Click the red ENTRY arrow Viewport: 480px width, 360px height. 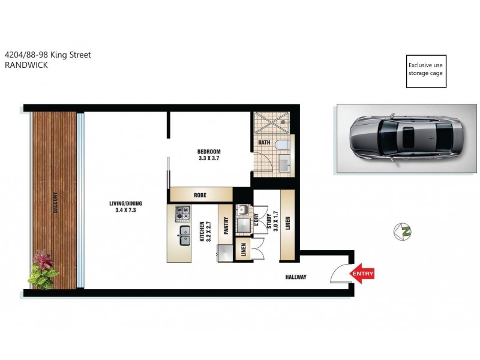[x=362, y=274]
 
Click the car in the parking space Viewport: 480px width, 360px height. [x=406, y=138]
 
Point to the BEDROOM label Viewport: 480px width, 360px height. [x=209, y=151]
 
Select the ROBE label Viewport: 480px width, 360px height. [x=200, y=195]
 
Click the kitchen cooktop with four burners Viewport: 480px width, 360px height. [x=182, y=213]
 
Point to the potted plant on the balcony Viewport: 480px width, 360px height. [x=43, y=269]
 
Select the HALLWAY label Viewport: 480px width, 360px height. [x=295, y=277]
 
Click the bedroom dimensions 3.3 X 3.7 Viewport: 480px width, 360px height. [x=209, y=158]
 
